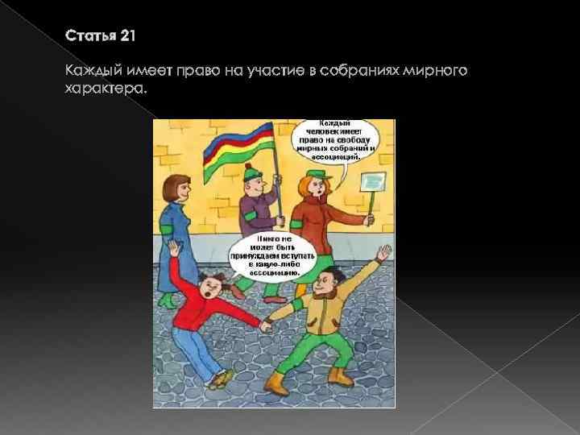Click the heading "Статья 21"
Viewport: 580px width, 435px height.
(101, 35)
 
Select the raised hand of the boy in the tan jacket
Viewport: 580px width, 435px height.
(383, 253)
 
